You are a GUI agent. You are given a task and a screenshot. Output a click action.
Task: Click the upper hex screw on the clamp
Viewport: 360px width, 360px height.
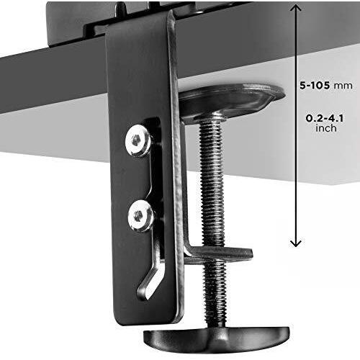coord(138,140)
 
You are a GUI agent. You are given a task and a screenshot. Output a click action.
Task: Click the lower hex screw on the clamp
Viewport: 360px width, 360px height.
coord(140,215)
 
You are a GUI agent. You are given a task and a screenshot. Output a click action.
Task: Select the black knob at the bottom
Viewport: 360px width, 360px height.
coord(217,340)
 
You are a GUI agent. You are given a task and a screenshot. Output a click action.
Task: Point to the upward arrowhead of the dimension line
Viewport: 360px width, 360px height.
coord(296,9)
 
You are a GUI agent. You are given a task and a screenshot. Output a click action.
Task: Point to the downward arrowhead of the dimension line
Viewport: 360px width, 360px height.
coord(296,243)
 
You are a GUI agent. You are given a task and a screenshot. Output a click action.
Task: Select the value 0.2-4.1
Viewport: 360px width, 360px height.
coord(324,118)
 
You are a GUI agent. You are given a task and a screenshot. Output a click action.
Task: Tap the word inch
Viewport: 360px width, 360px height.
coord(326,128)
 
